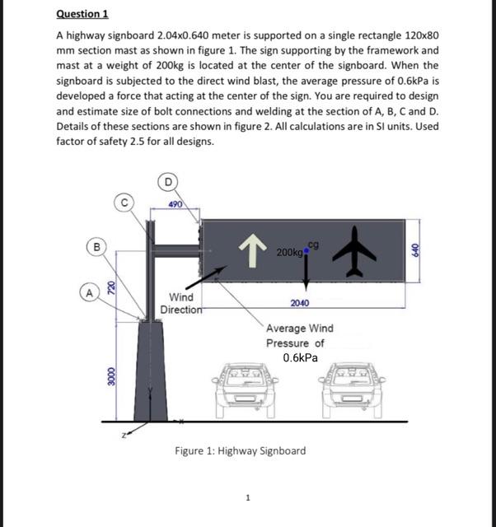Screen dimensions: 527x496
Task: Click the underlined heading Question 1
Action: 82,14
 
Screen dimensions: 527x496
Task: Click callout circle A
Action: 87,290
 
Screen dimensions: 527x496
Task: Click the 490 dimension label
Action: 175,203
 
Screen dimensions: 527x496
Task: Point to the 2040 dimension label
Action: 300,303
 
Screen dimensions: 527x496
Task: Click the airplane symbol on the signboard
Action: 356,250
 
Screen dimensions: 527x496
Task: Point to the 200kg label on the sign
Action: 288,251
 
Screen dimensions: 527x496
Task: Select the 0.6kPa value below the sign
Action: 300,358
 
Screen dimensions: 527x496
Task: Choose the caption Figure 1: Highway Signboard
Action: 240,450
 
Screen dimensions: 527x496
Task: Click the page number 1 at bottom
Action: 248,497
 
